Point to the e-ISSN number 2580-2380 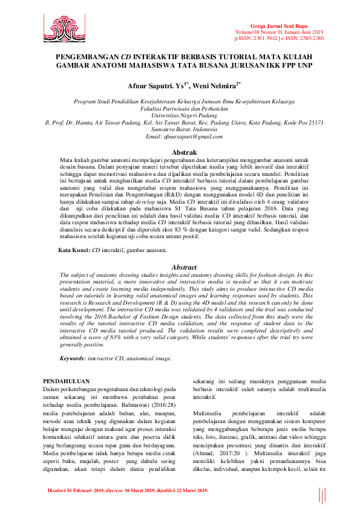pyautogui.click(x=311, y=37)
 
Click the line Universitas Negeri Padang pyautogui.click(x=180, y=114)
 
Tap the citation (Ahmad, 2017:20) pyautogui.click(x=212, y=452)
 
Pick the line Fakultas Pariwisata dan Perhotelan pyautogui.click(x=180, y=108)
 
